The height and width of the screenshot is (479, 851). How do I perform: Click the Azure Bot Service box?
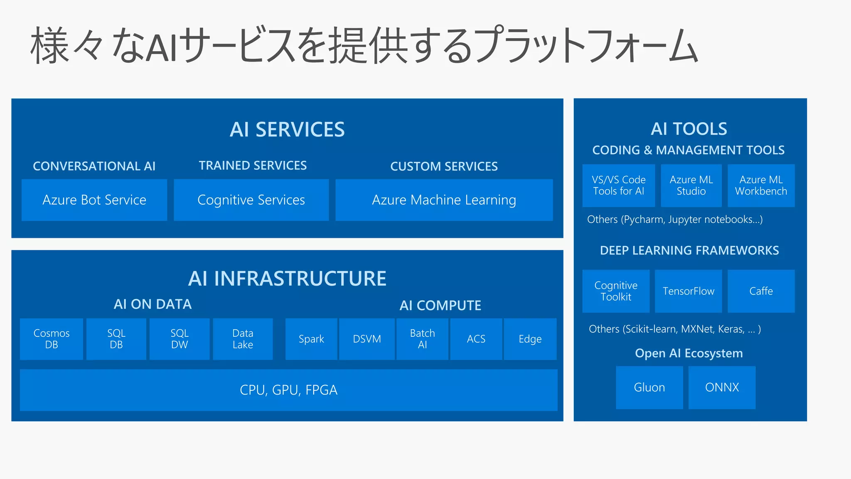pyautogui.click(x=94, y=200)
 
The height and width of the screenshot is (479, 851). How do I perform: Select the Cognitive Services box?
pyautogui.click(x=251, y=200)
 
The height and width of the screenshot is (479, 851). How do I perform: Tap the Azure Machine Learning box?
pyautogui.click(x=444, y=200)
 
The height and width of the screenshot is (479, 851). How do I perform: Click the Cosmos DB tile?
pyautogui.click(x=52, y=339)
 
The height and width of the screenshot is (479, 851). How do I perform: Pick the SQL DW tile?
pyautogui.click(x=180, y=339)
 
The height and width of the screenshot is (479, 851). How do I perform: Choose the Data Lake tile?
pyautogui.click(x=243, y=339)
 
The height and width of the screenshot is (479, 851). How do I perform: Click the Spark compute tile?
pyautogui.click(x=311, y=339)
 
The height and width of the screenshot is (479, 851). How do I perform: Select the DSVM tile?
pyautogui.click(x=367, y=339)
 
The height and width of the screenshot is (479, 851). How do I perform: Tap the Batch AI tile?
pyautogui.click(x=422, y=339)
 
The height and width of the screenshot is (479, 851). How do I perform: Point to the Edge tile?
pyautogui.click(x=530, y=339)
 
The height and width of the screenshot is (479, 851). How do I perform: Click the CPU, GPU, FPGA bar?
pyautogui.click(x=288, y=390)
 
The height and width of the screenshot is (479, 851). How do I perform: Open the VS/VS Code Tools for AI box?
pyautogui.click(x=618, y=185)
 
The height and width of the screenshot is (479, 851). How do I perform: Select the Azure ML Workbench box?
pyautogui.click(x=761, y=185)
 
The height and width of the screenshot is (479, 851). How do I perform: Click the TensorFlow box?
pyautogui.click(x=688, y=291)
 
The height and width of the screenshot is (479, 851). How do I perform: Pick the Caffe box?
pyautogui.click(x=761, y=291)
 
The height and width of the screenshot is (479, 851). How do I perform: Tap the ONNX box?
pyautogui.click(x=722, y=388)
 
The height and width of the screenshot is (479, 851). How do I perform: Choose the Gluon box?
pyautogui.click(x=649, y=388)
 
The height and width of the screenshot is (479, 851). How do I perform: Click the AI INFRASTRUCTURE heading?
pyautogui.click(x=287, y=279)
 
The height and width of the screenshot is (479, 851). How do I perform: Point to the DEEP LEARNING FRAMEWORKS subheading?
pyautogui.click(x=689, y=250)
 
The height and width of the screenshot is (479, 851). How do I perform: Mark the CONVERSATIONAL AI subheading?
pyautogui.click(x=94, y=166)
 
